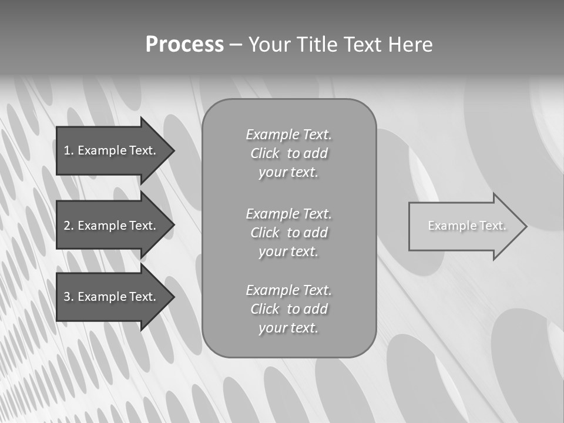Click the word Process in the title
point(184,45)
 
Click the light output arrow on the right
point(464,226)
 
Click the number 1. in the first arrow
point(69,150)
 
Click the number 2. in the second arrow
point(69,226)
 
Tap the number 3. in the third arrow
point(69,297)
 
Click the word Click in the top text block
point(265,153)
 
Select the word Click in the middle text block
point(265,233)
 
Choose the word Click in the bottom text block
point(265,309)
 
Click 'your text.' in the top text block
point(288,173)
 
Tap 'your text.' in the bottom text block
point(288,328)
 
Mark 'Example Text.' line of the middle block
point(288,213)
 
